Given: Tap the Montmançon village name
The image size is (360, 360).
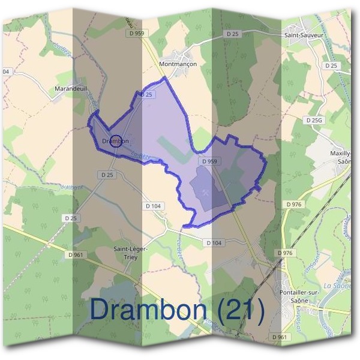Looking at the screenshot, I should point(178,63).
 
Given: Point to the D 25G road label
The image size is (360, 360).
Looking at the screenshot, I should point(314,121).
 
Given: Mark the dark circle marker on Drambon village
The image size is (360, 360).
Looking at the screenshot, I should point(117,141).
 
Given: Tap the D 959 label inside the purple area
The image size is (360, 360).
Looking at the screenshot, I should point(209,161).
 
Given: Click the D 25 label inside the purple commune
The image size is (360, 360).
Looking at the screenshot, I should point(148,95).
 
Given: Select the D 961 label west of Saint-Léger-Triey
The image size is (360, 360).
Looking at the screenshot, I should point(77,255).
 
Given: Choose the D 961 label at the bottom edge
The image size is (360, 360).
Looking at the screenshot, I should point(279,338).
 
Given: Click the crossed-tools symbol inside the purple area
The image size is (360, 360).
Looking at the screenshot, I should point(206,193).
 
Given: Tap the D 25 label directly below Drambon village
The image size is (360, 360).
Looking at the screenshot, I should point(107,175).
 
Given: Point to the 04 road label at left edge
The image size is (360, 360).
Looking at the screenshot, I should point(6,71).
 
